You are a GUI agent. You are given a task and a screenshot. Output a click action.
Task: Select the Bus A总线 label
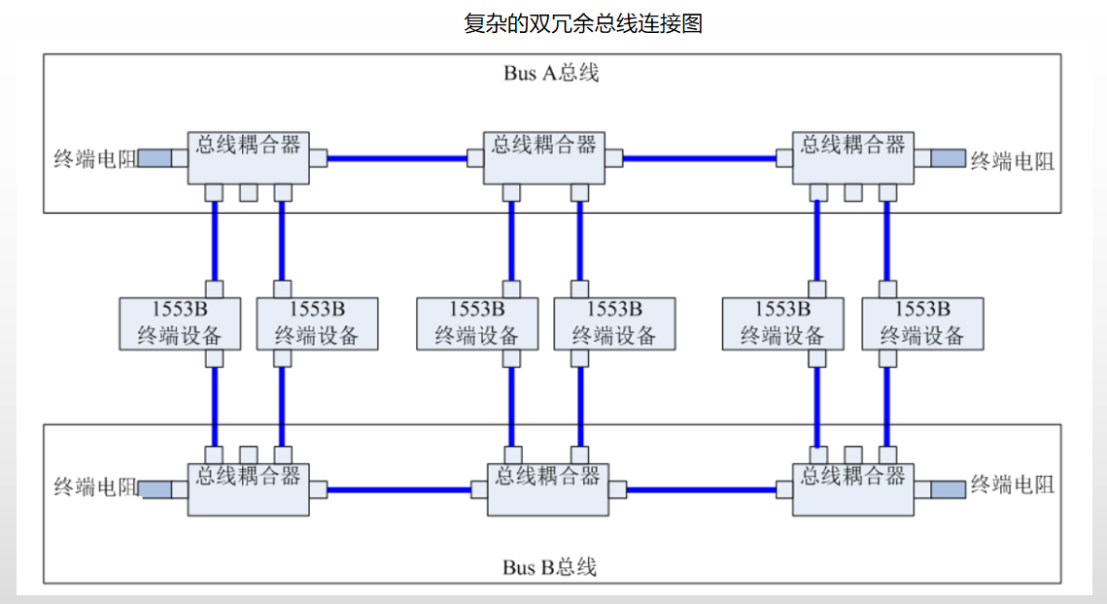point(551,74)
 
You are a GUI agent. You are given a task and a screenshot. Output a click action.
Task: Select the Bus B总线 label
point(550,567)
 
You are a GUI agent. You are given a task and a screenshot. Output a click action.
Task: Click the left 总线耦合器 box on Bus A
point(249,156)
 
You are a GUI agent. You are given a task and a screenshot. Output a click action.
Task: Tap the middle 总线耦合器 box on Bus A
point(544,156)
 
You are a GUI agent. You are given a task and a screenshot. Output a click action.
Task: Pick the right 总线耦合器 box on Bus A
point(852,156)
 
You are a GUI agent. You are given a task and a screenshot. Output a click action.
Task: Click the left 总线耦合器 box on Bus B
point(249,488)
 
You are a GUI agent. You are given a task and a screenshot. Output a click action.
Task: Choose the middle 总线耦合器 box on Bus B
point(548,488)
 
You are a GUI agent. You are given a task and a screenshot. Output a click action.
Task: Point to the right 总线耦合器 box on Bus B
point(852,488)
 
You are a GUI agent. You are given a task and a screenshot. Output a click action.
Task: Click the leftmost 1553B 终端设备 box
point(180,323)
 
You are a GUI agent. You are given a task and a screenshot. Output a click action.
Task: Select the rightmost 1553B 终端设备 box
point(922,323)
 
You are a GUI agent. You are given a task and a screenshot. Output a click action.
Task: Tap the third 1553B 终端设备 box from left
point(476,323)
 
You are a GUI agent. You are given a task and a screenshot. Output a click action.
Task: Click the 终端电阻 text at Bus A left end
point(94,159)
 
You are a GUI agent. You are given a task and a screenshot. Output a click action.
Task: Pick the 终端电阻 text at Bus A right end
point(1012,161)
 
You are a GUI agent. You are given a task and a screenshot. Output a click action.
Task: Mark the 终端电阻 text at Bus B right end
point(1012,486)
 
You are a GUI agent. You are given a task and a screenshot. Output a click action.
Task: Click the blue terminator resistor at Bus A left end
point(155,158)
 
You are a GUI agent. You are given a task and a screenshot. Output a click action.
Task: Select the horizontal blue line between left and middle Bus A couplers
point(398,157)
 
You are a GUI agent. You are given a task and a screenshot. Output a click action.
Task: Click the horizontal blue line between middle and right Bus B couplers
point(701,489)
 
